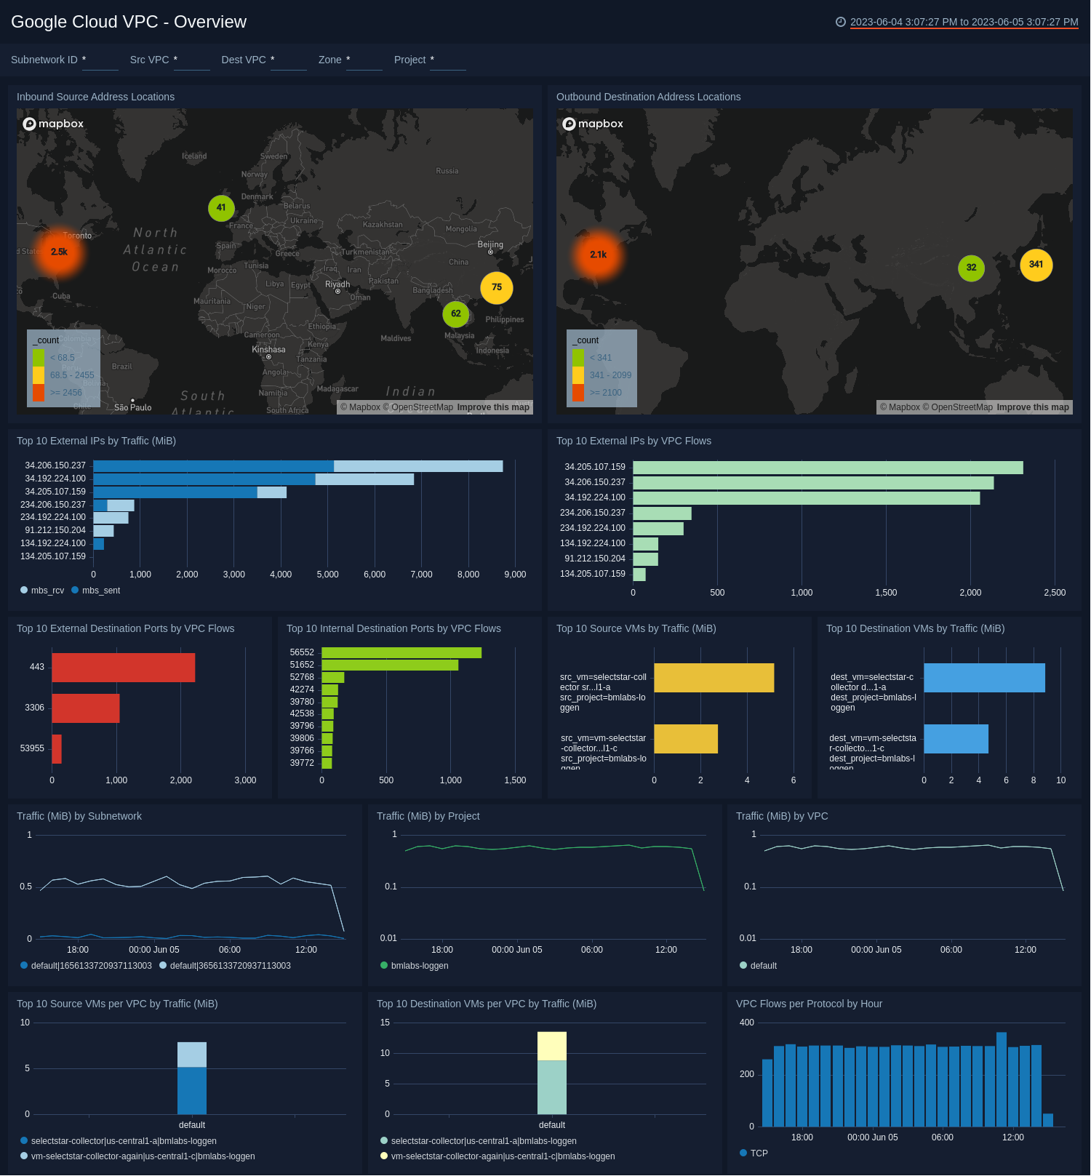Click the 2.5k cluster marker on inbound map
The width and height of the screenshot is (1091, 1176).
[59, 252]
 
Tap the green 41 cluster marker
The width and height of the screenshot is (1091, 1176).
[221, 208]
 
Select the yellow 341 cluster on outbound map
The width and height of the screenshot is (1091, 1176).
[1036, 265]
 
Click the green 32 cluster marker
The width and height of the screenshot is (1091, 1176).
[971, 268]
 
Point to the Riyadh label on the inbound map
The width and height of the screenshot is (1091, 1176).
[337, 284]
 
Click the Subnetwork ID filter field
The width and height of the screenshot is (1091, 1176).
[100, 60]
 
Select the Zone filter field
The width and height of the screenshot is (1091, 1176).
[364, 60]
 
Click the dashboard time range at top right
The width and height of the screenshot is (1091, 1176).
[963, 22]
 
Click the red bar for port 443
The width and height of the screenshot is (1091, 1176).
[123, 667]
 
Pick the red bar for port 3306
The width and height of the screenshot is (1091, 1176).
[85, 708]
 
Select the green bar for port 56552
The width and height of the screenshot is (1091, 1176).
[401, 652]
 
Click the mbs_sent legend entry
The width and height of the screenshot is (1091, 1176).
[100, 591]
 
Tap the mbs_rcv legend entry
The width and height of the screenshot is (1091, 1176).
[47, 591]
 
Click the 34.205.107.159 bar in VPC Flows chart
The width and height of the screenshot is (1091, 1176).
[827, 467]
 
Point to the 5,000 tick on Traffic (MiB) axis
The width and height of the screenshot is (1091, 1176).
[327, 575]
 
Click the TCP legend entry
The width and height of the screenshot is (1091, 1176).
[758, 1153]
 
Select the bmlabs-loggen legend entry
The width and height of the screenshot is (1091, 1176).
[419, 966]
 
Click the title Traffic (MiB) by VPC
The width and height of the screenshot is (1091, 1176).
[781, 816]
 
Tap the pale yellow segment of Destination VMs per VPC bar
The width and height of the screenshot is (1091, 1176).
[551, 1046]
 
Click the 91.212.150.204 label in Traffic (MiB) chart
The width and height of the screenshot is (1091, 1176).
[55, 530]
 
